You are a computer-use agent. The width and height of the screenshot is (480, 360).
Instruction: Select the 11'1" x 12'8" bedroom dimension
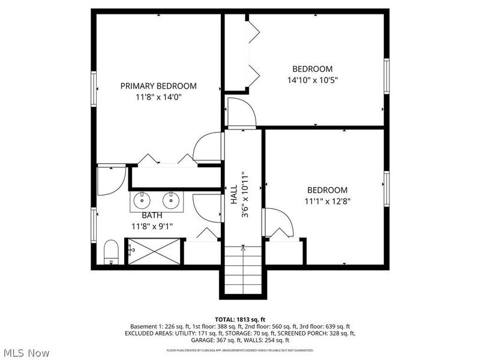click(328, 201)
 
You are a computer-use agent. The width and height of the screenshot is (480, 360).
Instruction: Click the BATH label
click(152, 215)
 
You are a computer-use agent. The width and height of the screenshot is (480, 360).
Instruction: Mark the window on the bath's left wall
click(94, 225)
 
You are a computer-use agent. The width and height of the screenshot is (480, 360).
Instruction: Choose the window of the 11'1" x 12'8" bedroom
click(387, 189)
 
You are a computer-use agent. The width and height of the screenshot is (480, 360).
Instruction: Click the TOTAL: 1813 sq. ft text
click(240, 319)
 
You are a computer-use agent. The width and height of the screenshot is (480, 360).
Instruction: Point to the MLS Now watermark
click(26, 353)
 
